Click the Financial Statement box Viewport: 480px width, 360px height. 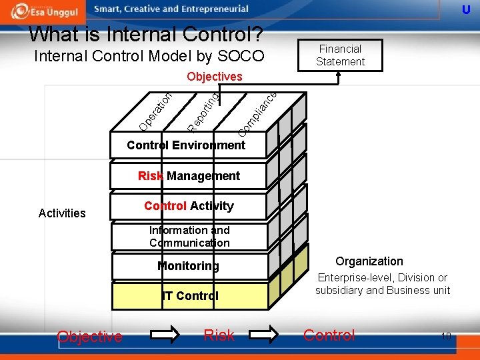click(340, 55)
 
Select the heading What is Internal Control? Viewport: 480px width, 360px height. click(145, 33)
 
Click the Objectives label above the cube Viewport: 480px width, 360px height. click(215, 77)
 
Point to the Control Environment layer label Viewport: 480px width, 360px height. click(186, 145)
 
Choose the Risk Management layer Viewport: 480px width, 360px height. click(189, 176)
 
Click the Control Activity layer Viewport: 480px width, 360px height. click(189, 206)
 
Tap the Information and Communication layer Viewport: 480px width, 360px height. click(189, 237)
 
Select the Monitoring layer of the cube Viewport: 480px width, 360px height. click(189, 266)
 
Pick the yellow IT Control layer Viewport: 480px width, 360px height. click(191, 296)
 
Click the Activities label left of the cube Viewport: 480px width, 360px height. click(62, 213)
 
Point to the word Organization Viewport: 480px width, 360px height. click(369, 261)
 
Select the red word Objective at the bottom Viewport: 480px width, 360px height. click(89, 337)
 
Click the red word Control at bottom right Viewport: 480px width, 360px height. click(329, 335)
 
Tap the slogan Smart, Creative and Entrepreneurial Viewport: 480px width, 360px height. click(171, 9)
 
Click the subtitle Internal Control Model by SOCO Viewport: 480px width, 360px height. click(149, 56)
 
